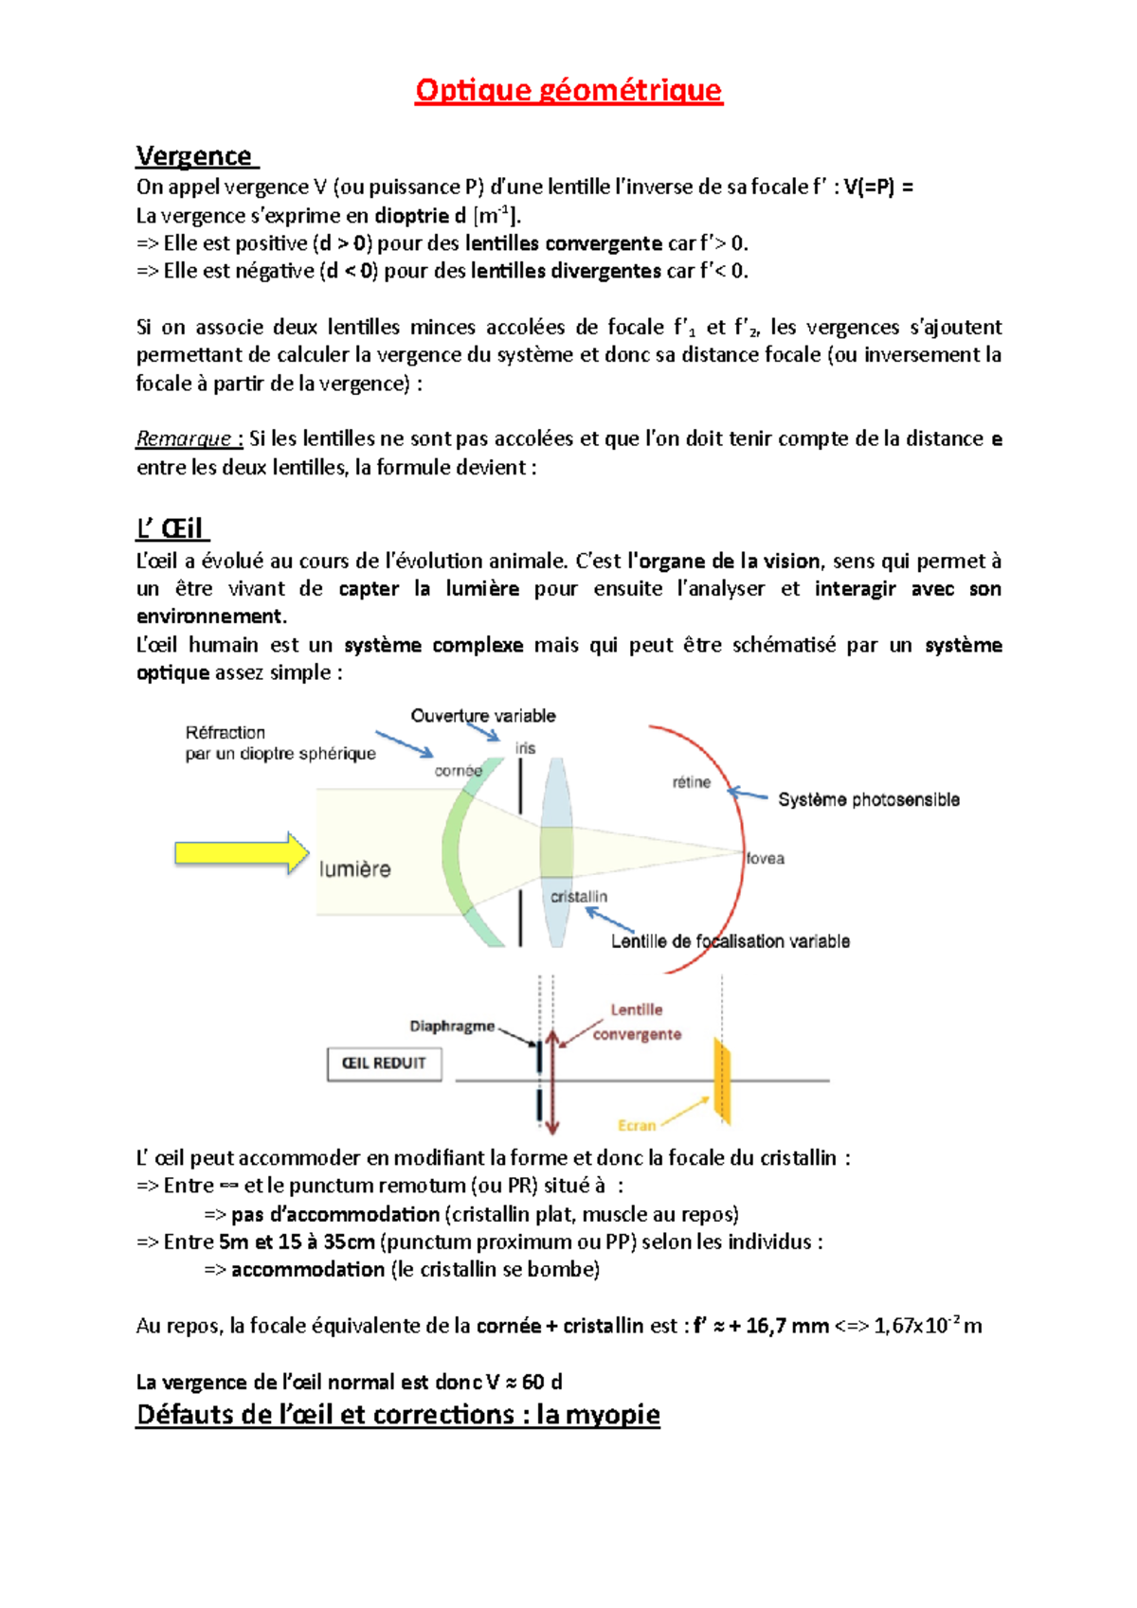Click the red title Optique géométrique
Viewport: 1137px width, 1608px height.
tap(568, 90)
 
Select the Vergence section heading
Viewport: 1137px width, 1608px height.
tap(195, 155)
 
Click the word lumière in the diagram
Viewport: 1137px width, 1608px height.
tap(354, 869)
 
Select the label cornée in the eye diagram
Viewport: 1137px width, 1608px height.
tap(459, 771)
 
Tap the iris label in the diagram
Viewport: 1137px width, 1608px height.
tap(525, 748)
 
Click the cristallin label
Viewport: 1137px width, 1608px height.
tap(579, 896)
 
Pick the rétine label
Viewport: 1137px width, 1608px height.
tap(691, 782)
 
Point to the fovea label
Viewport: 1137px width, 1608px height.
tap(766, 858)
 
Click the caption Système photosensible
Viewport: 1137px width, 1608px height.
tap(868, 799)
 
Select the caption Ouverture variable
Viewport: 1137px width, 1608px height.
tap(483, 716)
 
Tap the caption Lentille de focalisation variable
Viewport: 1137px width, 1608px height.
tap(730, 941)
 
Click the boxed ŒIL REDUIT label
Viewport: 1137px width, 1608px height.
tap(384, 1063)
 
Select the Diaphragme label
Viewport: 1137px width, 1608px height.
tap(452, 1026)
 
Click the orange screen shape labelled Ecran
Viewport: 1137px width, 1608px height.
tap(723, 1081)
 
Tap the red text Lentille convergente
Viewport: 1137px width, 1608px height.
tap(637, 1022)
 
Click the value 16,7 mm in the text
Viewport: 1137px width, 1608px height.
tap(786, 1326)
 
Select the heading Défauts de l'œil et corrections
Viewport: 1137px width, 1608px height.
tap(398, 1414)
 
